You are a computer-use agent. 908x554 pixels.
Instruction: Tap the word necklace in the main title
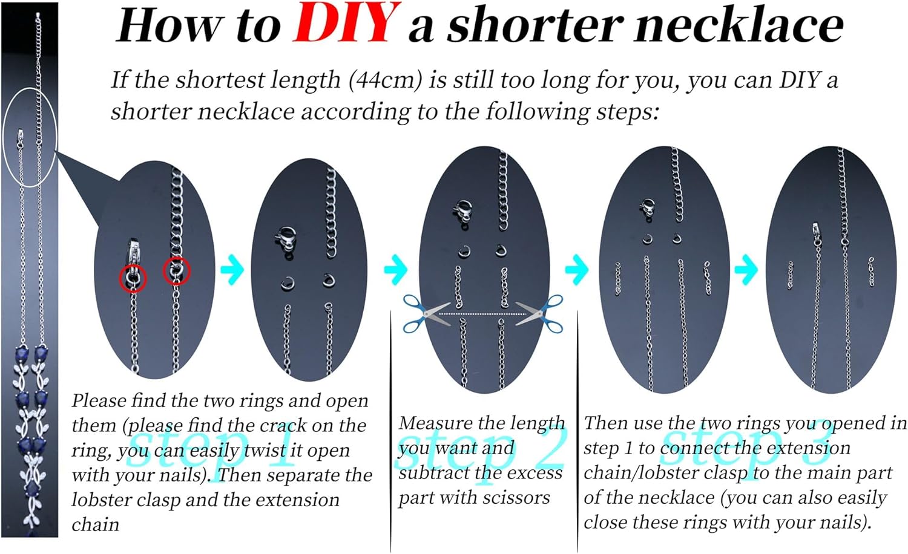coord(739,26)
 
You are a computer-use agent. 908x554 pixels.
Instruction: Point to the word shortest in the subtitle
coord(220,80)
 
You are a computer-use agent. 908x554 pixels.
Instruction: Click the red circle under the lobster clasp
coord(133,278)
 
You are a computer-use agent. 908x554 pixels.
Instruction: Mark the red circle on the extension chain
coord(176,271)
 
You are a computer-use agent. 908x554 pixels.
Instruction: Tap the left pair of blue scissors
coord(426,314)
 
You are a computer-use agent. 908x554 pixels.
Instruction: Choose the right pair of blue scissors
coord(539,314)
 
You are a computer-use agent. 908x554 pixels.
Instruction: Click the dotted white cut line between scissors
coord(483,314)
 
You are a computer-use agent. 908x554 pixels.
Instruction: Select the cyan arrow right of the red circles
coord(232,269)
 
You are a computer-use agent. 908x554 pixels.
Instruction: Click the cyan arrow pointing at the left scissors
coord(395,269)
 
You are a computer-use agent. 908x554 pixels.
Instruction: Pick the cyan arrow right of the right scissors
coord(576,269)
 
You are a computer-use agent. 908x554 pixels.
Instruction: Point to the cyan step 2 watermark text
coord(481,448)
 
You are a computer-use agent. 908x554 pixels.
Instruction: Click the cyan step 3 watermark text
coord(746,448)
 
